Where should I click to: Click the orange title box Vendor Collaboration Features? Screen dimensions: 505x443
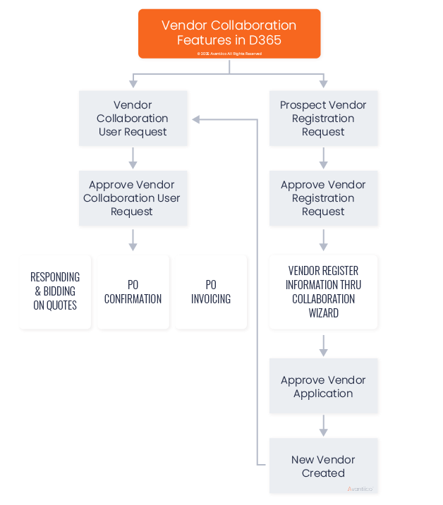click(229, 32)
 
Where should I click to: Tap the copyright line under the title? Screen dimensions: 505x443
click(229, 54)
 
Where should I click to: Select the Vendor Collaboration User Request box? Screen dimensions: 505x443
click(133, 118)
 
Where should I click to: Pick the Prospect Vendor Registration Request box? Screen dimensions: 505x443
click(323, 118)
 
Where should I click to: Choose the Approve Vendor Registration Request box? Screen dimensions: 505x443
click(323, 198)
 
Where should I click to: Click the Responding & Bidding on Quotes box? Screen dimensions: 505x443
click(55, 291)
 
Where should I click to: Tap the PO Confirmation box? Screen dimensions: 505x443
click(133, 291)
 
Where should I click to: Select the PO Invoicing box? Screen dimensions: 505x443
click(211, 291)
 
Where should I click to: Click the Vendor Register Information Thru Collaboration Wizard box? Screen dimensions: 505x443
click(323, 291)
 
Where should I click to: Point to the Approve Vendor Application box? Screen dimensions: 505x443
click(323, 387)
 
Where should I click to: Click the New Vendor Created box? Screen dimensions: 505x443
click(323, 466)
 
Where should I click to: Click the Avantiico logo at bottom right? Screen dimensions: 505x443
click(361, 488)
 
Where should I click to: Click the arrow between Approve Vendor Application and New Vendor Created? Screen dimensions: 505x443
click(324, 426)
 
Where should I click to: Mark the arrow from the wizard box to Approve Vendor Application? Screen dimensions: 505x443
click(324, 346)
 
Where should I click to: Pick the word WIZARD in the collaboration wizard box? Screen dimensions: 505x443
click(323, 312)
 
